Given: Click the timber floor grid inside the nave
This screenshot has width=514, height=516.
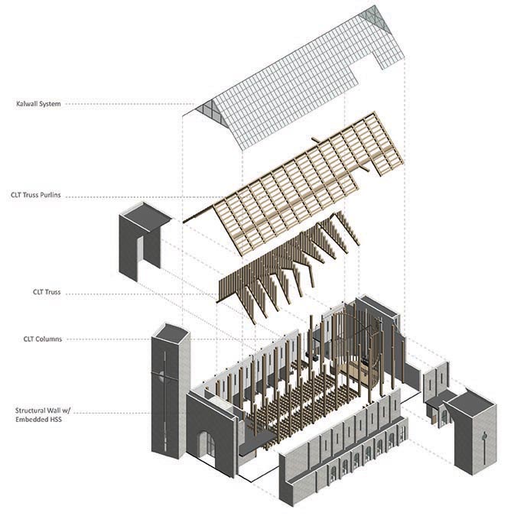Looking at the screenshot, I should (306, 398).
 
